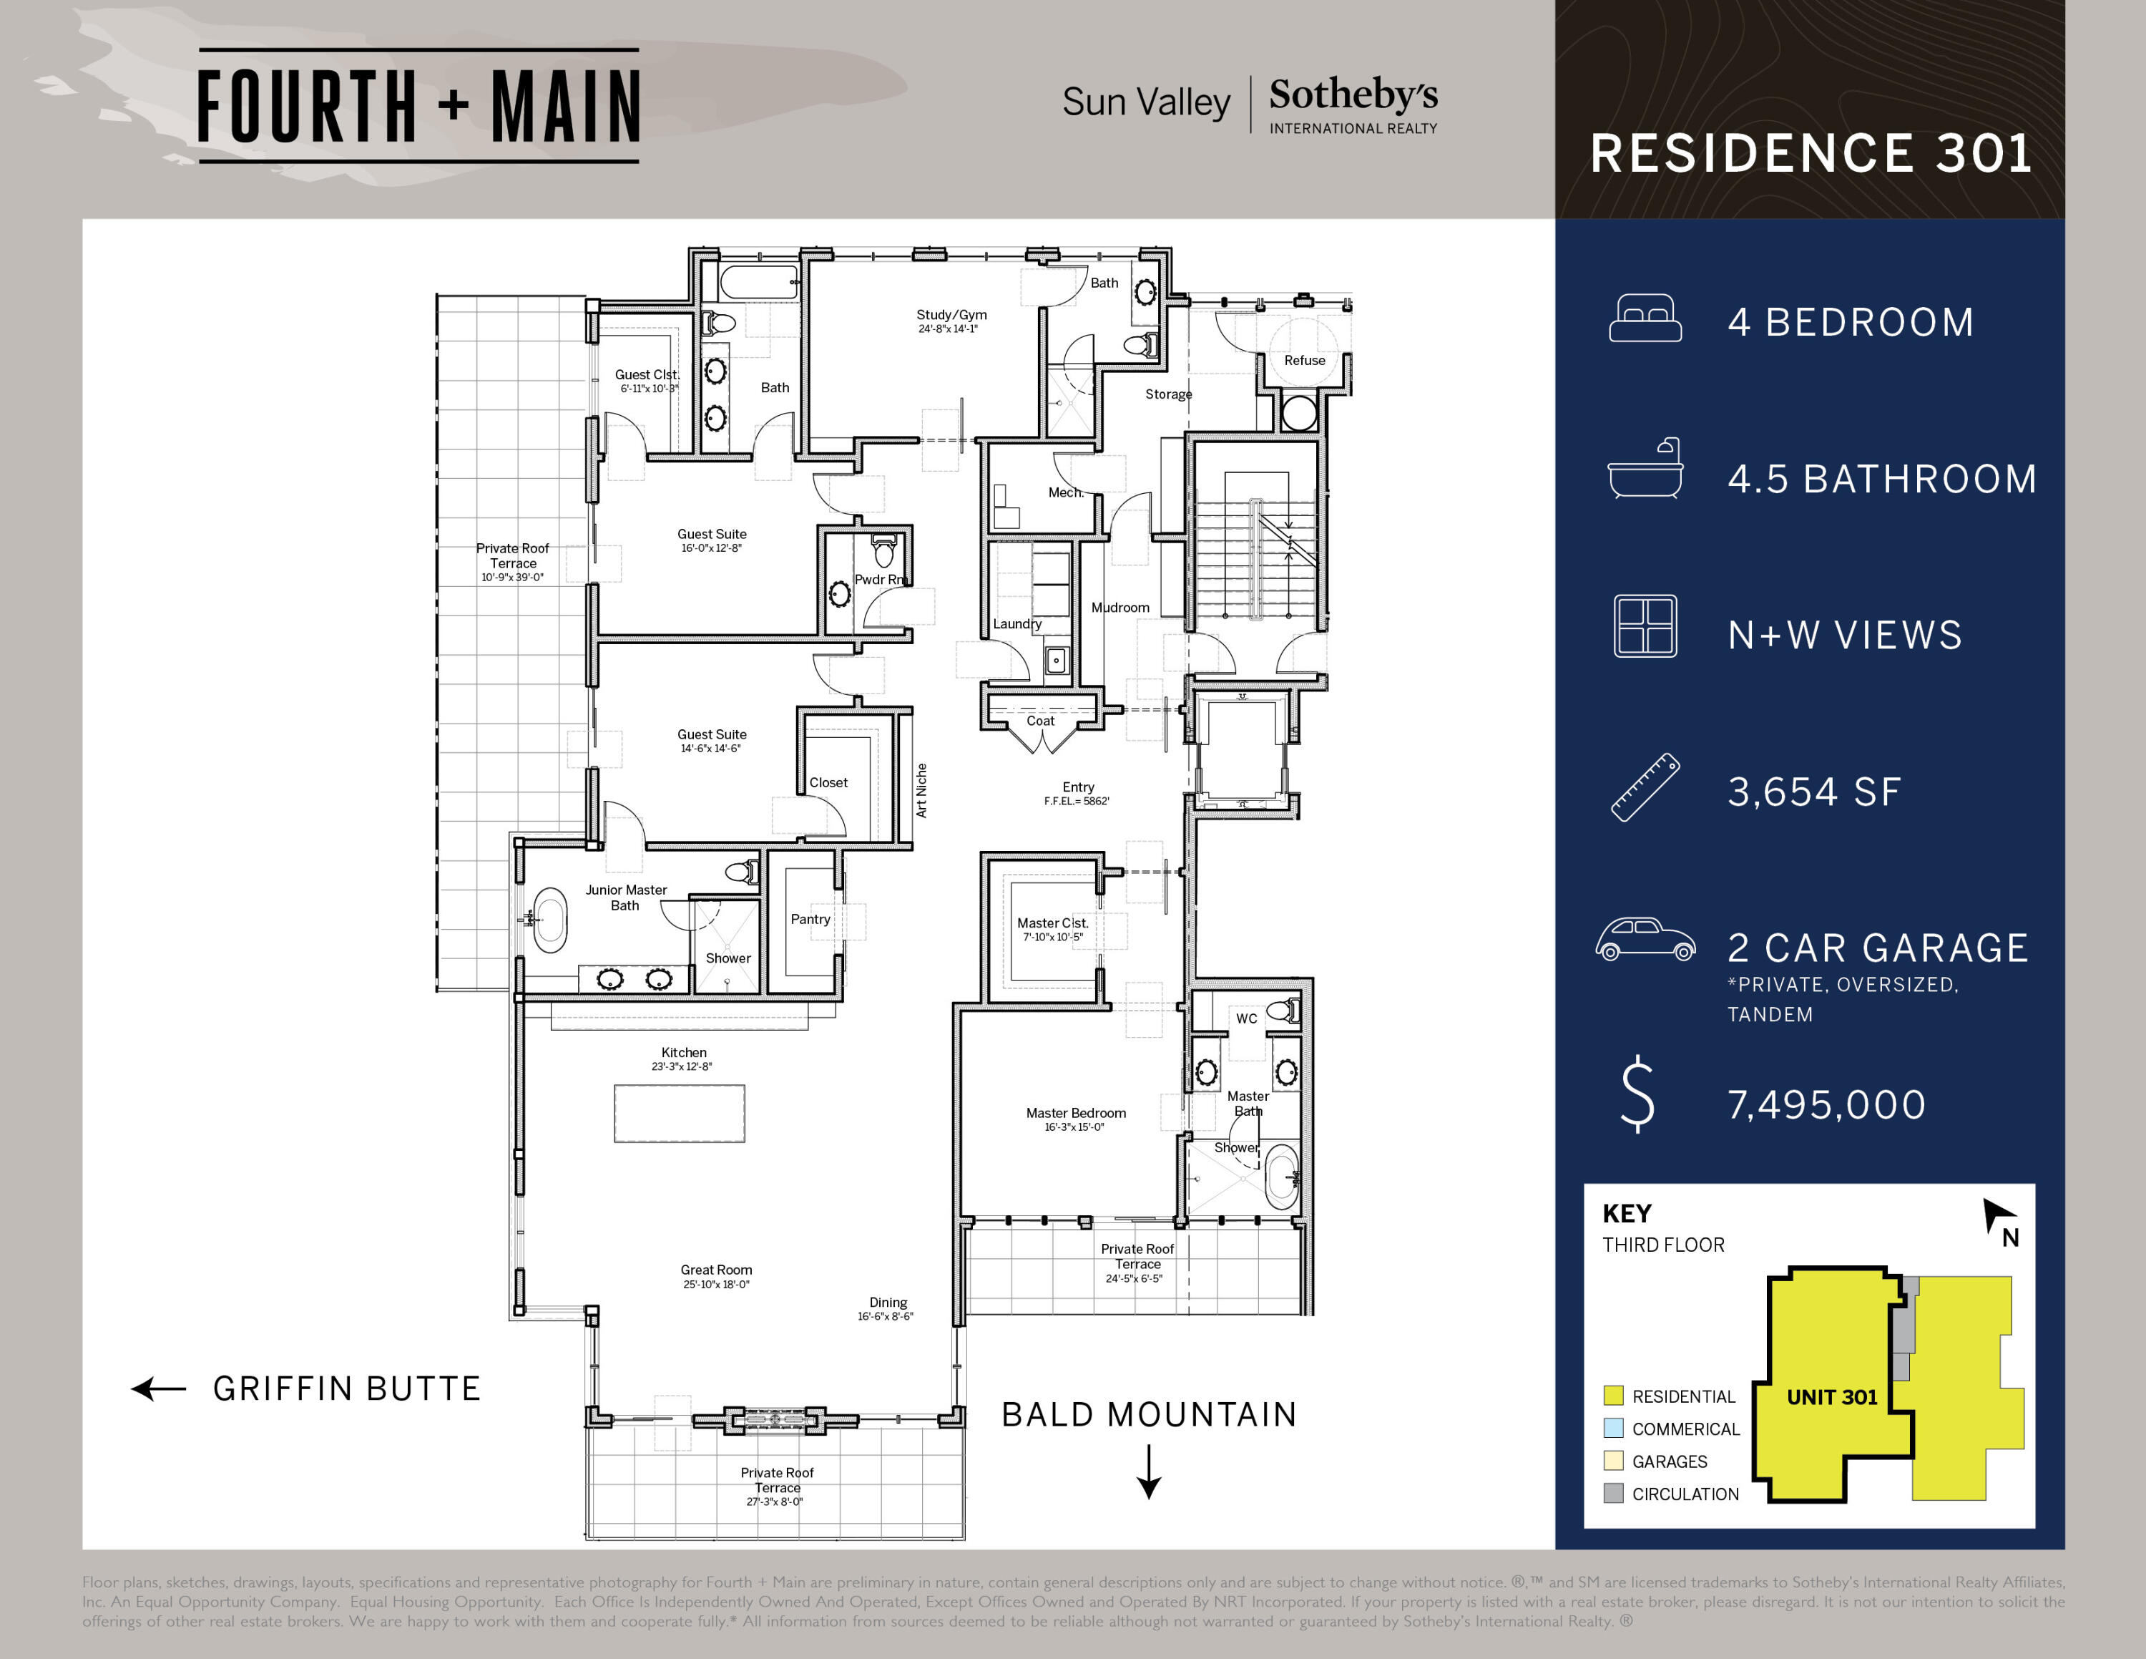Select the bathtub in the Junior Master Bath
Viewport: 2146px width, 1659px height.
pos(550,921)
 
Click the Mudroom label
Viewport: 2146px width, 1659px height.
pos(1120,608)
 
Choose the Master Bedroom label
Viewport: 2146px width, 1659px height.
pos(1076,1112)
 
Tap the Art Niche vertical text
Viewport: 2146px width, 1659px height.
pos(921,790)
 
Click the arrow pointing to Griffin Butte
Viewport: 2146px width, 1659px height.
pos(160,1388)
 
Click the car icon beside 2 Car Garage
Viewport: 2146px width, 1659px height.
pos(1645,940)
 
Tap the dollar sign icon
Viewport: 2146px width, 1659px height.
pos(1637,1095)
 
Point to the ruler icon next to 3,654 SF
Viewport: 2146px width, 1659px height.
pos(1645,787)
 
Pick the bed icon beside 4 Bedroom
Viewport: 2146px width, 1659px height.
pos(1645,318)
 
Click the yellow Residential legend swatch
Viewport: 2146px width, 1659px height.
pos(1612,1396)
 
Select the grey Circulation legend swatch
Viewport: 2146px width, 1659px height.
pos(1612,1493)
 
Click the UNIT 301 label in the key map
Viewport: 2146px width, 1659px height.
pos(1831,1396)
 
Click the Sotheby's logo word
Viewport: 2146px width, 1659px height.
pos(1353,95)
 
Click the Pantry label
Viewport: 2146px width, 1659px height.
pos(810,919)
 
